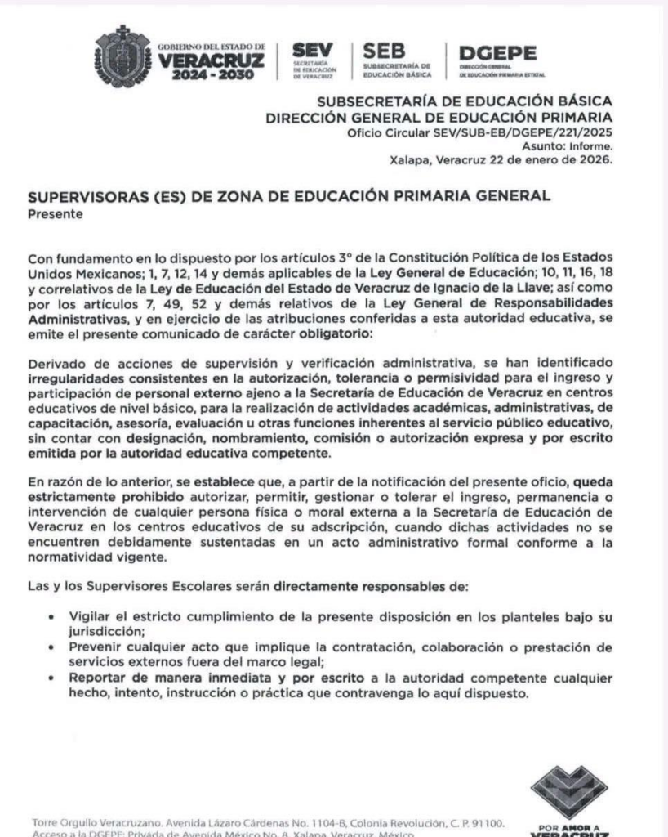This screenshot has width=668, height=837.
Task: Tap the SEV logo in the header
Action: click(311, 51)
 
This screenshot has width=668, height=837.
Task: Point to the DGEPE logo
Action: click(497, 53)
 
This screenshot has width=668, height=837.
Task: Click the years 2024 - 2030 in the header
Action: click(214, 74)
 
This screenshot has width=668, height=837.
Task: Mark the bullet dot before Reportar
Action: click(52, 677)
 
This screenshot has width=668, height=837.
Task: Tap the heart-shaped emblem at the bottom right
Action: click(569, 791)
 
